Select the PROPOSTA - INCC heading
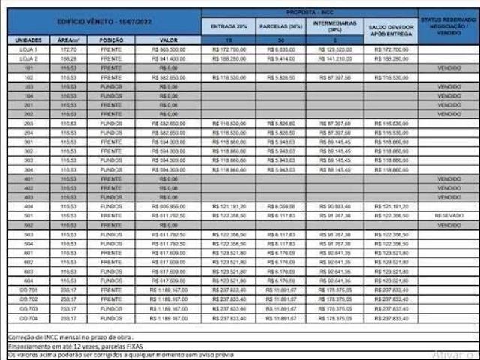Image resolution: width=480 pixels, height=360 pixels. (x=310, y=13)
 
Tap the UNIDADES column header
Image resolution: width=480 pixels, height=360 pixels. (x=28, y=40)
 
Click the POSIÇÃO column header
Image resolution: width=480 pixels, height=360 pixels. (x=111, y=40)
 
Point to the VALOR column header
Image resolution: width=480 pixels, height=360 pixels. (x=168, y=40)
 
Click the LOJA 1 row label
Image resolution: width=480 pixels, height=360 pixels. (x=28, y=49)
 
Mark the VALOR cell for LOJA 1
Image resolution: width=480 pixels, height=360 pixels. (x=168, y=49)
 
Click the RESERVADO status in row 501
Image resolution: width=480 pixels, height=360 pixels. (x=448, y=215)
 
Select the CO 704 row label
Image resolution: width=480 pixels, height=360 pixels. (x=28, y=317)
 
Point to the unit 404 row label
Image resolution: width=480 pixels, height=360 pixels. (x=28, y=206)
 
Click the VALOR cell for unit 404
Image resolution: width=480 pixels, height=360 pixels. (x=168, y=206)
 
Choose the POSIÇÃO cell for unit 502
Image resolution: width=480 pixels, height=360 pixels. (x=111, y=225)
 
